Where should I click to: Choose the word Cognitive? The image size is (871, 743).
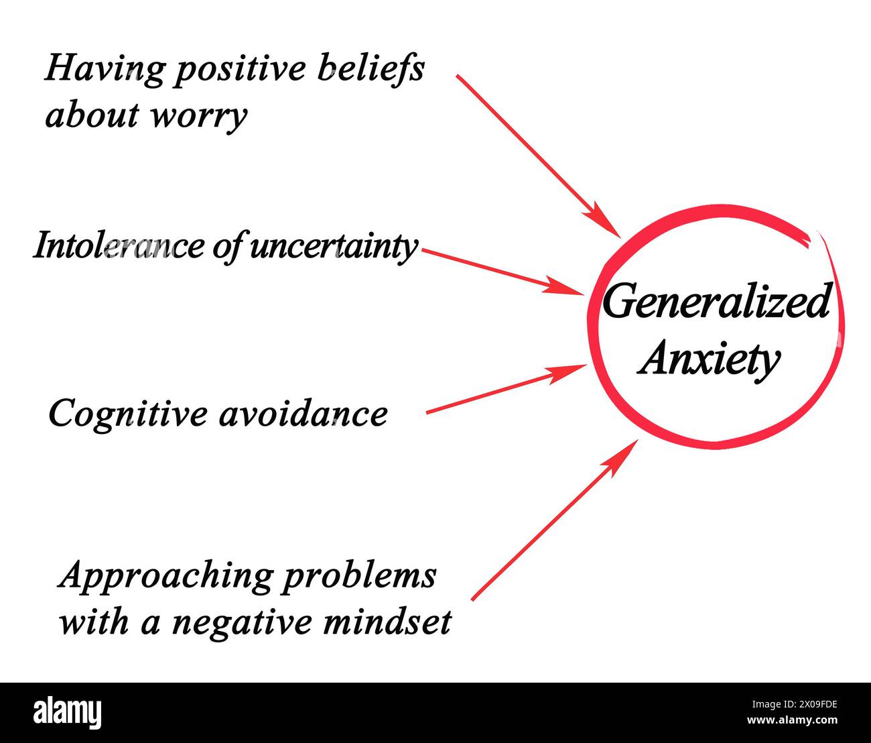click(x=127, y=413)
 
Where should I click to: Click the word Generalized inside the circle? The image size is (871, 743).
click(x=716, y=302)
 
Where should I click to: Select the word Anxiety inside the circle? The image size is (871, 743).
click(x=709, y=359)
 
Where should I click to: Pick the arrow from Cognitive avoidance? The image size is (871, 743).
click(x=506, y=389)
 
